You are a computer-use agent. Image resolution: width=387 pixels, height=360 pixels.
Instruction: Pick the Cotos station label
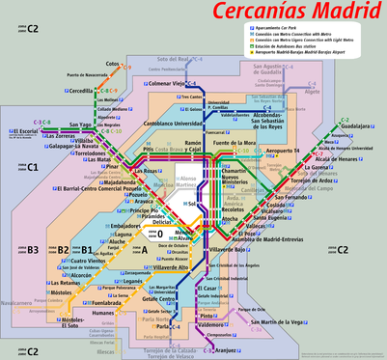coord(113,64)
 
